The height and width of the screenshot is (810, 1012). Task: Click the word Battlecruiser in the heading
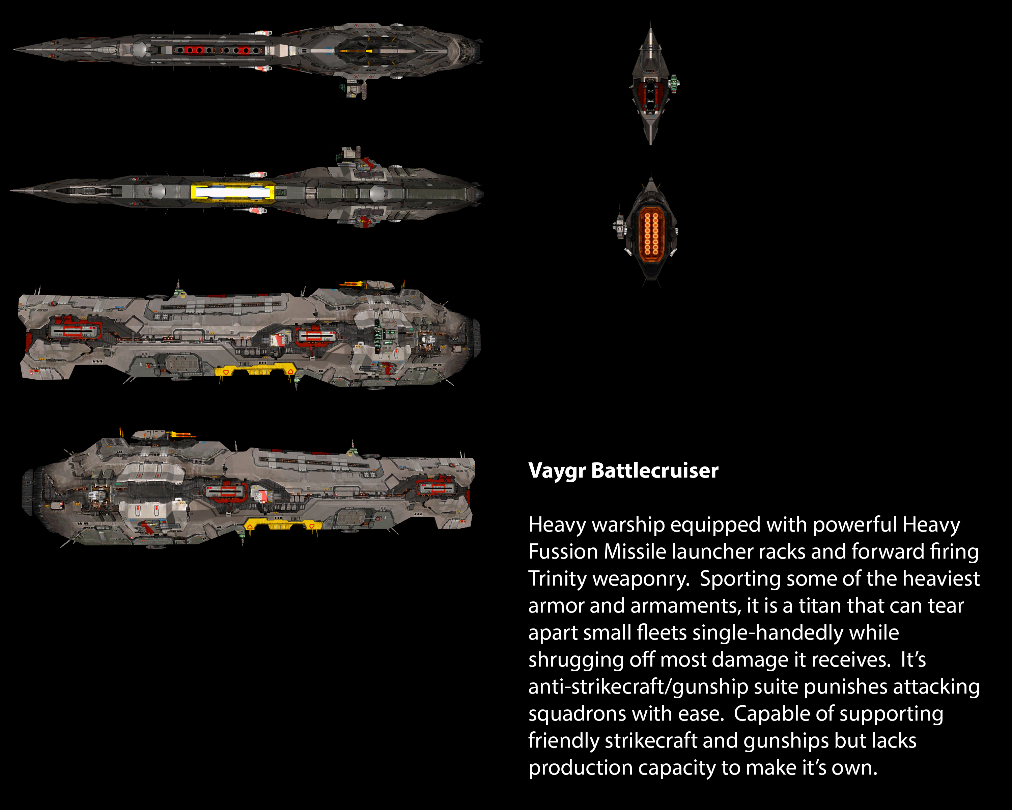(655, 471)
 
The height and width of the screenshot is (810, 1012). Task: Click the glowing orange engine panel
(651, 233)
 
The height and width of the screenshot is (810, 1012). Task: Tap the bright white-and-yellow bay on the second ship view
(233, 192)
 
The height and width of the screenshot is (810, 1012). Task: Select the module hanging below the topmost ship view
(353, 88)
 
